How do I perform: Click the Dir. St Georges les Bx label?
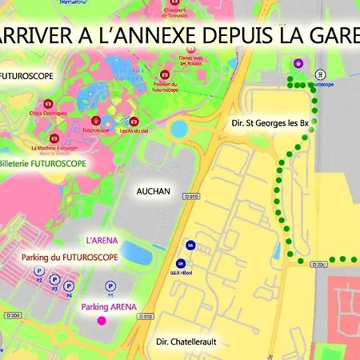(x=269, y=123)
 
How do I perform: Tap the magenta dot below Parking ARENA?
(x=102, y=321)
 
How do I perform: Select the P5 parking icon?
(x=110, y=286)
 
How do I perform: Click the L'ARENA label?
(x=102, y=239)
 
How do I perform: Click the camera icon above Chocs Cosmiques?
(x=49, y=104)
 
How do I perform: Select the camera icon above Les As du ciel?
(x=134, y=122)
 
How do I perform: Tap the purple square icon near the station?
(x=298, y=63)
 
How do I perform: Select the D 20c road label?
(x=318, y=263)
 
